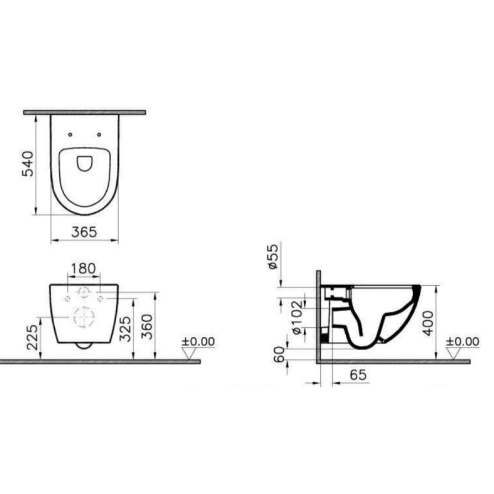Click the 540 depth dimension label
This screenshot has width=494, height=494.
(x=27, y=164)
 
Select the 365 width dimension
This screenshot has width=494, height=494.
(x=84, y=232)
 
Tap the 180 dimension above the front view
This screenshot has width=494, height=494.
(x=83, y=268)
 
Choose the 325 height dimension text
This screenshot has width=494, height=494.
(x=126, y=329)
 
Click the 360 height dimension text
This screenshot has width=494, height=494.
(x=147, y=326)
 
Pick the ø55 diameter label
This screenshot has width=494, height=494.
(x=273, y=256)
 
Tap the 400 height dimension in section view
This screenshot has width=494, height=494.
(x=428, y=323)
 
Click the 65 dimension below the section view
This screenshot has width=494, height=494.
(x=358, y=375)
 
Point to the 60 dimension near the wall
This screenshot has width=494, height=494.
(x=280, y=354)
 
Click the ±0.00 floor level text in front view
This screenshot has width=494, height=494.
(x=199, y=341)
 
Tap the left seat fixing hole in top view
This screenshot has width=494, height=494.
(x=70, y=134)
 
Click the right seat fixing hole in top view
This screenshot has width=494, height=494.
(x=99, y=134)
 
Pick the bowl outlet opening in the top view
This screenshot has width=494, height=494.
(x=84, y=163)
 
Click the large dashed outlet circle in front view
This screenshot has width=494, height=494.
(x=84, y=317)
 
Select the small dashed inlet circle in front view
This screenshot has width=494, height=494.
(x=84, y=293)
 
